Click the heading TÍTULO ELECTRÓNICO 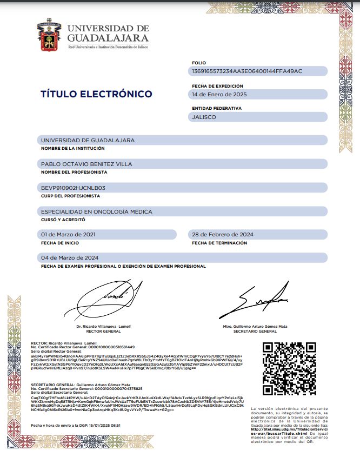pyautogui.click(x=96, y=94)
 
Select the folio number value pyautogui.click(x=247, y=71)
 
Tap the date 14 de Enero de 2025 pyautogui.click(x=219, y=94)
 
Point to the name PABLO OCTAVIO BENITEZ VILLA pyautogui.click(x=86, y=163)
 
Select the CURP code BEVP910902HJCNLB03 pyautogui.click(x=73, y=188)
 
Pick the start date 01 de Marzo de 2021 pyautogui.click(x=69, y=235)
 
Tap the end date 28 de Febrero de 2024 pyautogui.click(x=223, y=235)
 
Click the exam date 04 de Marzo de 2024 pyautogui.click(x=69, y=258)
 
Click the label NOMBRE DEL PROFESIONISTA pyautogui.click(x=74, y=172)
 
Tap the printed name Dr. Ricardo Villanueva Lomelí pyautogui.click(x=103, y=327)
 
